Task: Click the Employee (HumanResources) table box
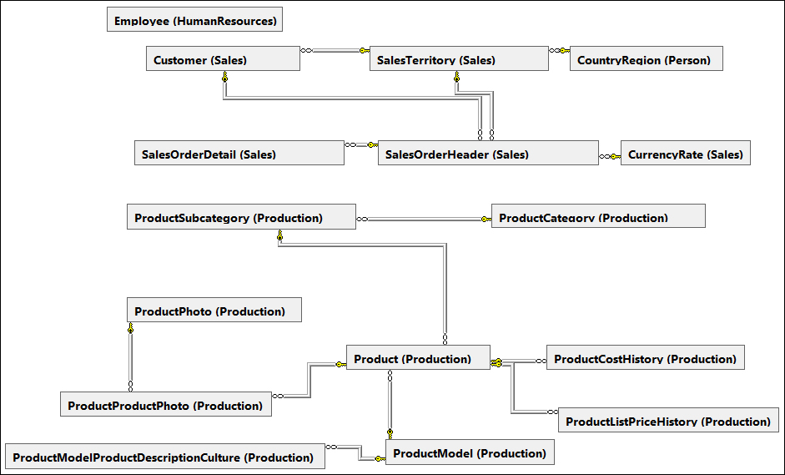(x=194, y=20)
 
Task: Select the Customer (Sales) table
(x=223, y=59)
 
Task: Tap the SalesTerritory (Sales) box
(x=458, y=59)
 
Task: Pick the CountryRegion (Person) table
(x=646, y=59)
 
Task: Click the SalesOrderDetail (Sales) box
(x=239, y=154)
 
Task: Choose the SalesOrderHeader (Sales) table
(x=487, y=154)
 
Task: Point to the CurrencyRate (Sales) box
(x=685, y=154)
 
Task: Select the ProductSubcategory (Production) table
(x=240, y=217)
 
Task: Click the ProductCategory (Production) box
(x=597, y=217)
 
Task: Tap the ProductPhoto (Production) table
(x=214, y=311)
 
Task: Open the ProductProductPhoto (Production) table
(x=166, y=405)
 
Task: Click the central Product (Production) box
(x=417, y=358)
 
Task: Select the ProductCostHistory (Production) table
(x=645, y=358)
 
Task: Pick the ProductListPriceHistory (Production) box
(x=667, y=421)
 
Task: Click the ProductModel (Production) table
(x=469, y=452)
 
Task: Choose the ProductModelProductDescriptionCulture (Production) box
(x=164, y=457)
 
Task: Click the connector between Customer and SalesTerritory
(x=334, y=51)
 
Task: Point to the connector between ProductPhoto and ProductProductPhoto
(x=130, y=359)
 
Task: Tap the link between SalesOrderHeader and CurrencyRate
(x=610, y=156)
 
